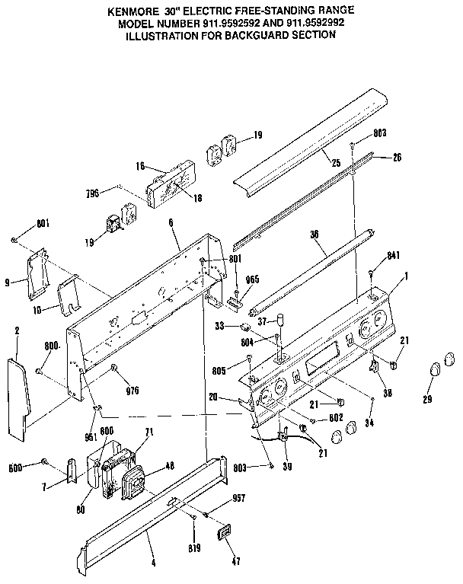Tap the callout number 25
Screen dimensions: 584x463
point(335,162)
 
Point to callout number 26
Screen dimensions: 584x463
point(397,158)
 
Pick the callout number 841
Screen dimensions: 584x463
point(393,257)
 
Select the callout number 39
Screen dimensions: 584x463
point(286,465)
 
